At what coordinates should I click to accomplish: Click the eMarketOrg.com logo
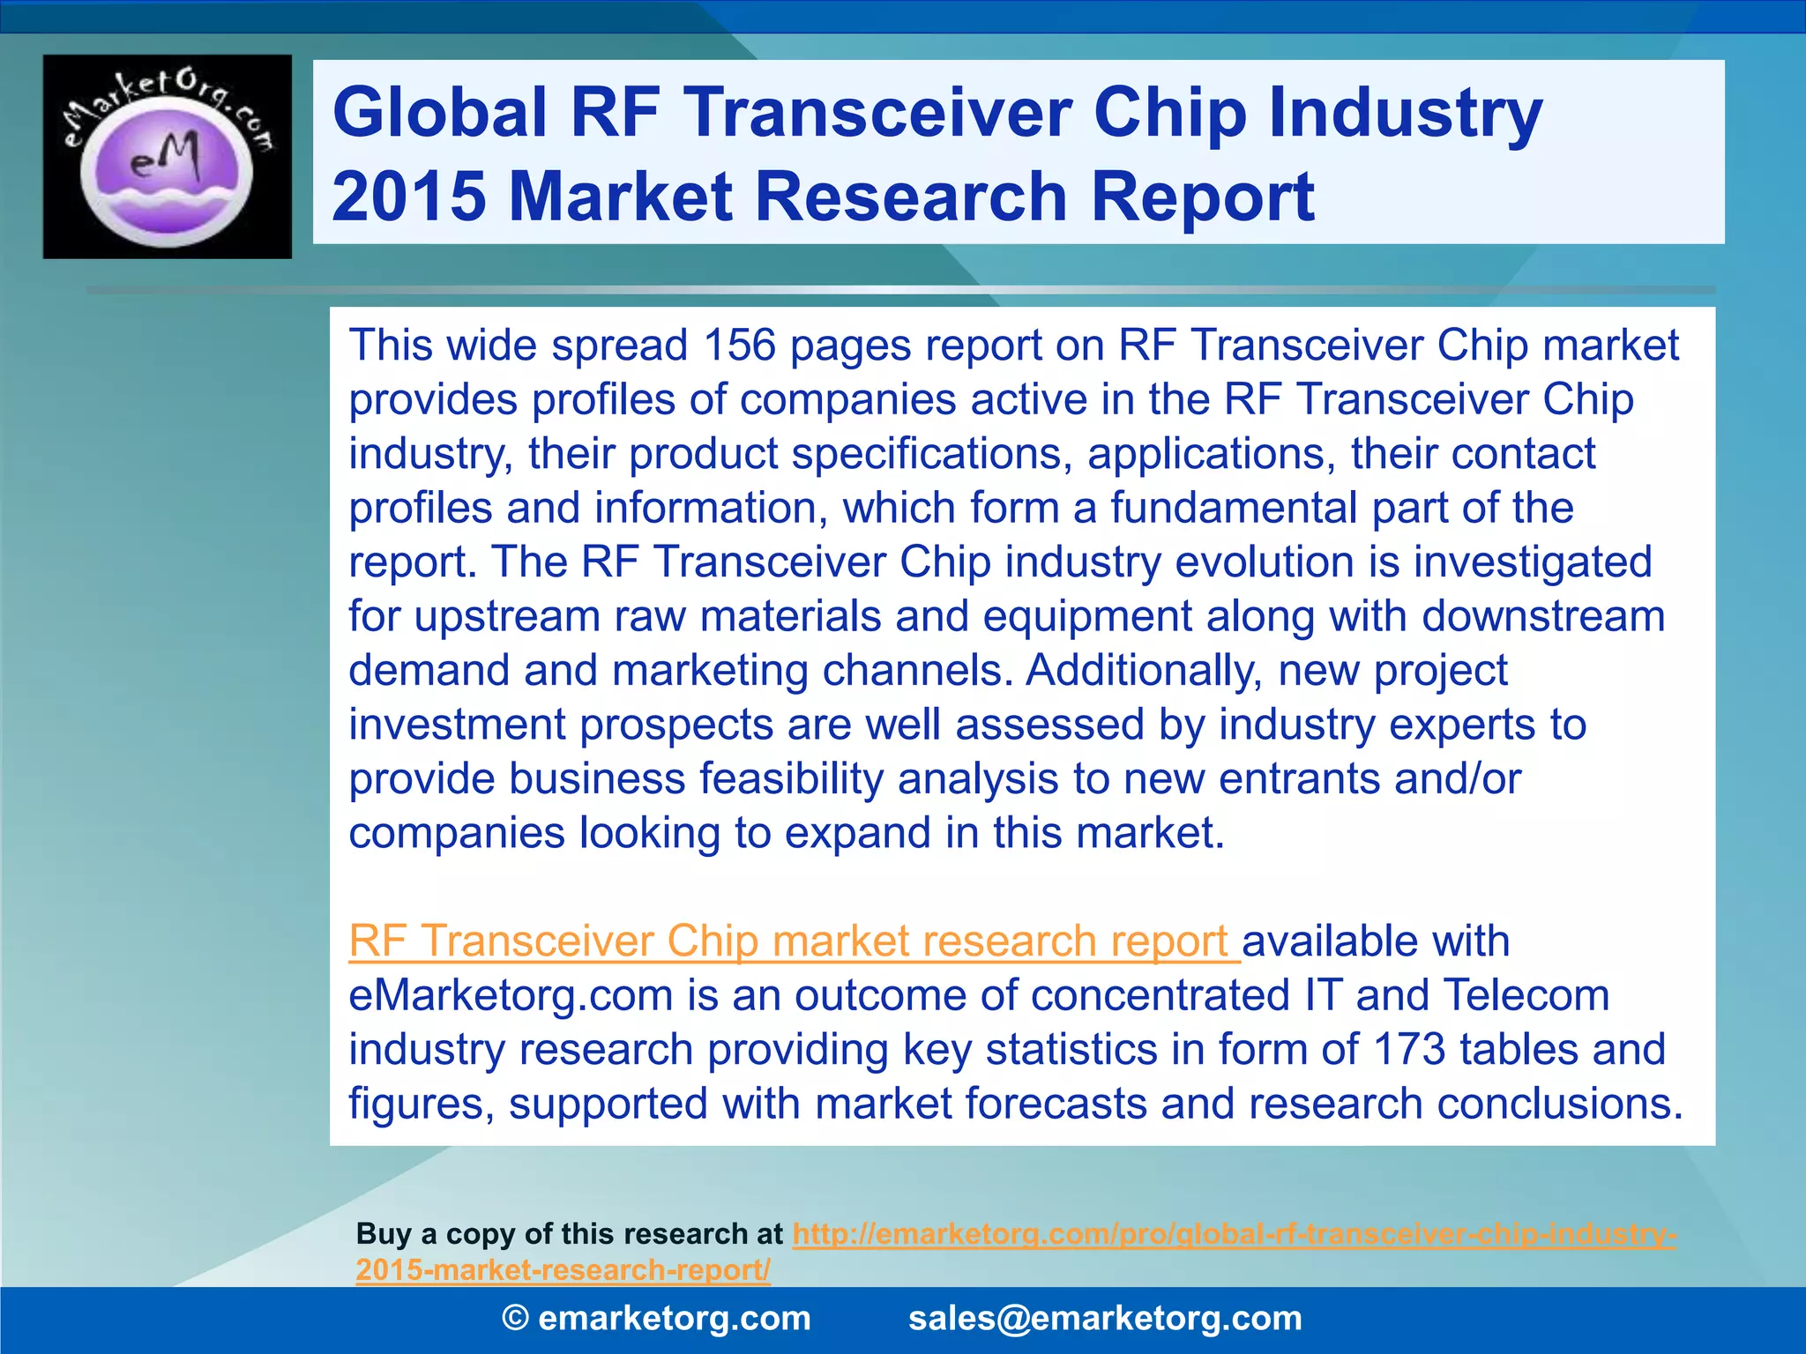167,157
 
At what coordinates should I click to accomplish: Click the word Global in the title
440,113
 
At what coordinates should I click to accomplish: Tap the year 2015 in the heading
408,196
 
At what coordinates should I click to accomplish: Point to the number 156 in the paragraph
739,345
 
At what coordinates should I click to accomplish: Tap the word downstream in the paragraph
1542,616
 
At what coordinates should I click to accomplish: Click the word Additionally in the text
1144,670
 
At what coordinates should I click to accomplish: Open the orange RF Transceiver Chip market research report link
794,941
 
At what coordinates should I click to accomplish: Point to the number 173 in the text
1408,1050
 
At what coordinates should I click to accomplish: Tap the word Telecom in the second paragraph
1526,995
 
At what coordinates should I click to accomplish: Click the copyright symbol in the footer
515,1319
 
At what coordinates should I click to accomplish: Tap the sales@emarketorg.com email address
1104,1319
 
